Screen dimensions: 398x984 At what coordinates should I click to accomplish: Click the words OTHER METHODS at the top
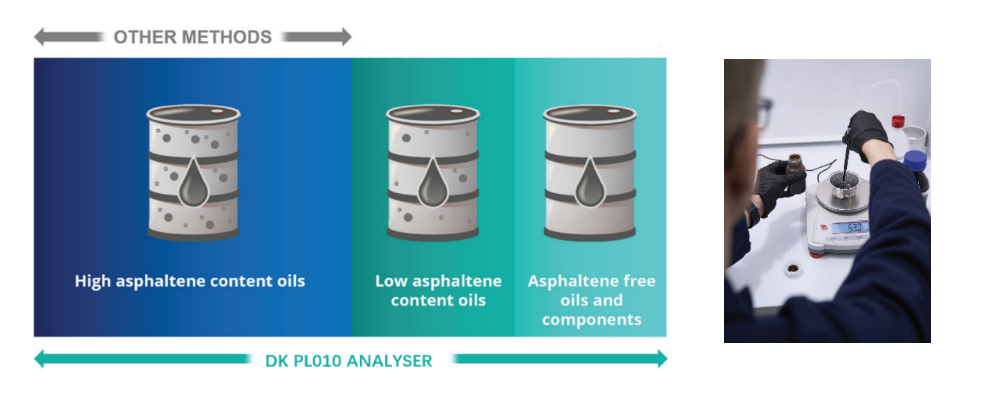pos(192,37)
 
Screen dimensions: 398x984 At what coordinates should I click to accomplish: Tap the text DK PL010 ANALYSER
pos(348,360)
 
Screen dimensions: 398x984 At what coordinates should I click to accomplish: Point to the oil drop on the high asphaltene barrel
pos(193,187)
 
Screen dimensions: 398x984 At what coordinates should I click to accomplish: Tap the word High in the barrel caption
pos(92,281)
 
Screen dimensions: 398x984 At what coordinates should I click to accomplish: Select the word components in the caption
pos(591,319)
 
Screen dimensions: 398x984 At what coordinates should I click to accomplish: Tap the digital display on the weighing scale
pos(849,227)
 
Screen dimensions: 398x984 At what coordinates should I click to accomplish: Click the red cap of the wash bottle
pos(898,120)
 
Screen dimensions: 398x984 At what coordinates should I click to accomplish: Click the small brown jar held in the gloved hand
pos(795,164)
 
